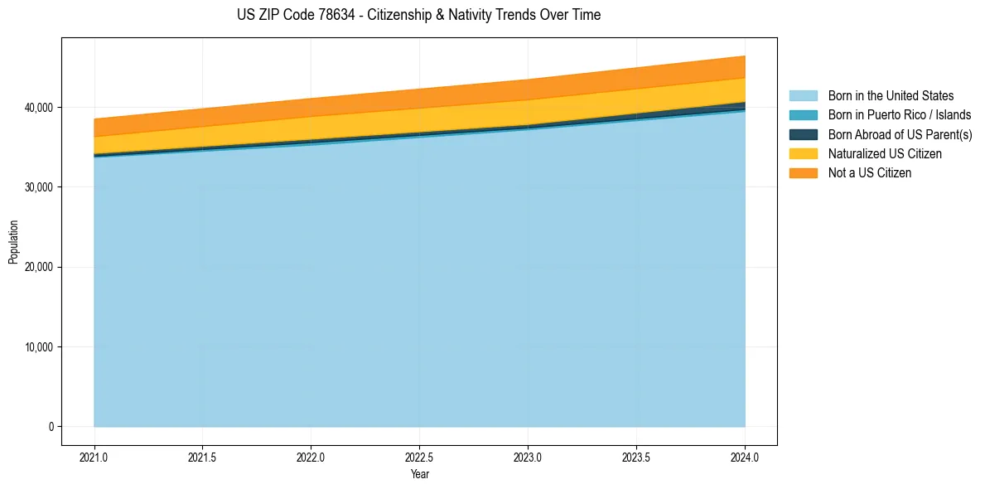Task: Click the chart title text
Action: (418, 15)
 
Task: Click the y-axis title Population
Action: (13, 242)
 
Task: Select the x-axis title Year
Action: (419, 474)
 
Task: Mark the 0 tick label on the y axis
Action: (50, 427)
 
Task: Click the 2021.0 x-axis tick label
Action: (94, 457)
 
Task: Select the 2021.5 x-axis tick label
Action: (203, 457)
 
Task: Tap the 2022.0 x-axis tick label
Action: (311, 457)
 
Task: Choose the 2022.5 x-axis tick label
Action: (420, 457)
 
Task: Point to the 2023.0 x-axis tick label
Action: (528, 457)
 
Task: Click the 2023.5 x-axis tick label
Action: (636, 457)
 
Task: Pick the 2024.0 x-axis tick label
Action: (745, 457)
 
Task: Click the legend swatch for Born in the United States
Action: (803, 96)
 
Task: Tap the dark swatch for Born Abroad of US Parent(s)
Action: (803, 134)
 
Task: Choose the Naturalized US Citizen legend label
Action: (885, 154)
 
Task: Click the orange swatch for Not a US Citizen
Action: (803, 173)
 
